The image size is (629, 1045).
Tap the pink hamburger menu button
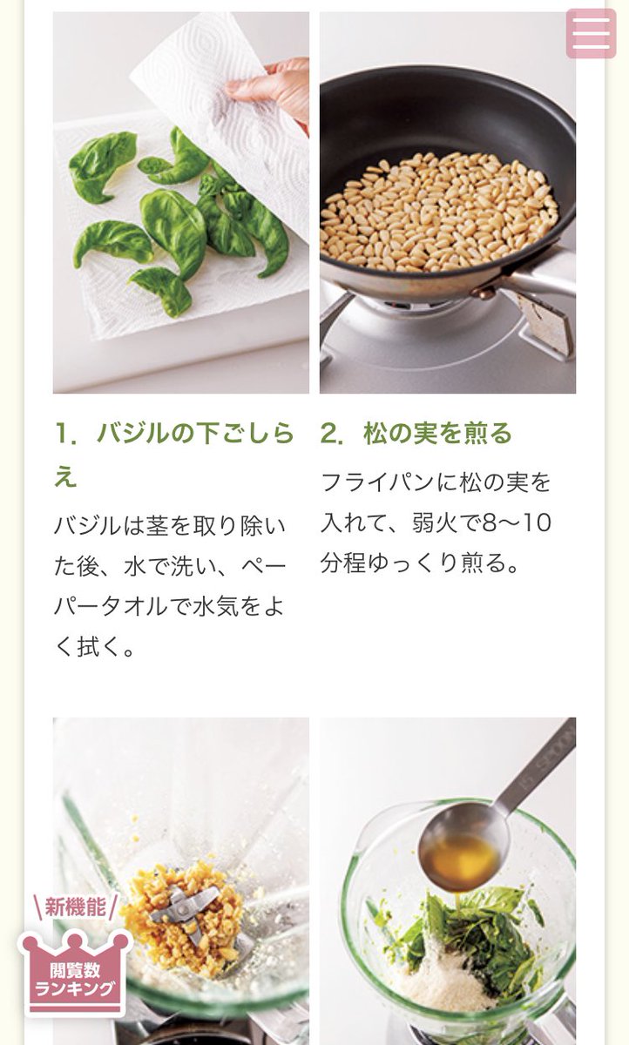pos(591,33)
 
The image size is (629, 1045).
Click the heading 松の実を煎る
pos(437,434)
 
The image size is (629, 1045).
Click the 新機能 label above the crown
pos(75,907)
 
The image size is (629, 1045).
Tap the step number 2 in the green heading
pos(329,434)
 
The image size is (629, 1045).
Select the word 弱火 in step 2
pos(435,523)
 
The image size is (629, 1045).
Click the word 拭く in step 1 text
pos(100,648)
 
